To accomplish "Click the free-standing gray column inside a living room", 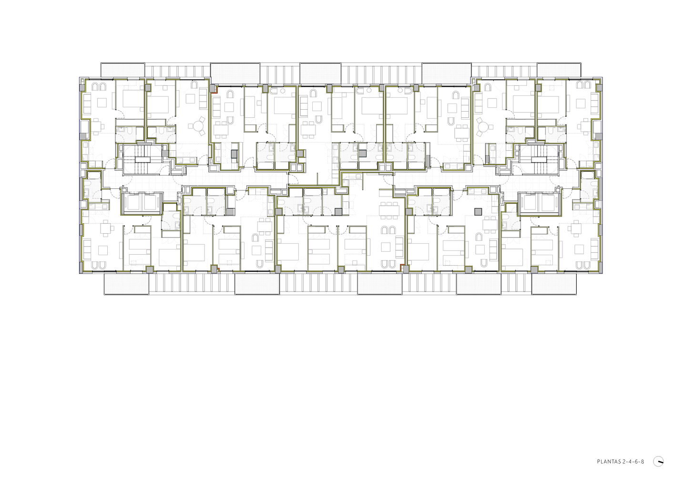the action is point(478,212).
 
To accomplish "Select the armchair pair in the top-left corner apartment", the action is point(99,86).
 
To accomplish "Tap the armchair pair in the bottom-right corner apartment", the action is point(583,265).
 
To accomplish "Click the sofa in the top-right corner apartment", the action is point(594,104).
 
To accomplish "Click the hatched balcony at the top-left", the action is point(123,70).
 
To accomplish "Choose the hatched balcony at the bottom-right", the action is point(554,284).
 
